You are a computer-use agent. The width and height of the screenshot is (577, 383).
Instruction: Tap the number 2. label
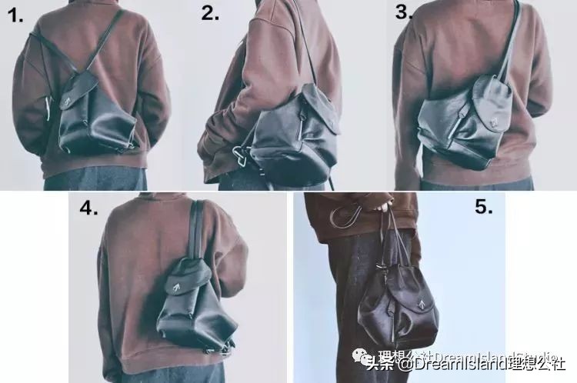click(210, 13)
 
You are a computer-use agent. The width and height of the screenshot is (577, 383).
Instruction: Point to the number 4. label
click(88, 208)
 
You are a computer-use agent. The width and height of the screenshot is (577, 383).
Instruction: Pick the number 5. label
click(483, 208)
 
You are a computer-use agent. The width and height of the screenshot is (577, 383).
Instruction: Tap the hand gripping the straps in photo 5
click(382, 206)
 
